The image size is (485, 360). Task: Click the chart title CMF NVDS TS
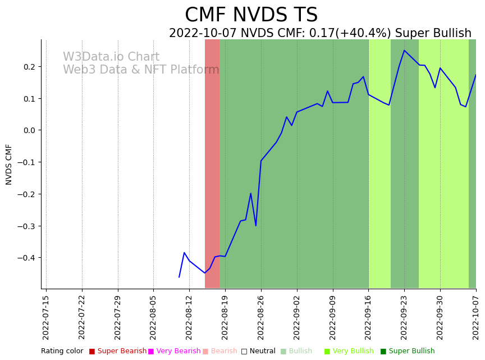(251, 15)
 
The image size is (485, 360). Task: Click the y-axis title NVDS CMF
(9, 164)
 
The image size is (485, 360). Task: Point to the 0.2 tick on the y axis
(29, 67)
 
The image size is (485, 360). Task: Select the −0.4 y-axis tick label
(26, 258)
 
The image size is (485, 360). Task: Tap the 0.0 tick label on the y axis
(29, 130)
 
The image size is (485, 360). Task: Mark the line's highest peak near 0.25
(404, 51)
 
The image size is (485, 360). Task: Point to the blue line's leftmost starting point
(179, 277)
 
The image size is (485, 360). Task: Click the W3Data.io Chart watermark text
(111, 57)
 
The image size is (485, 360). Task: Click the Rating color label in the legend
(62, 351)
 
